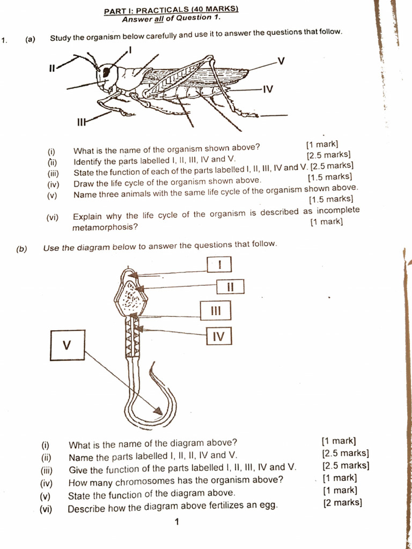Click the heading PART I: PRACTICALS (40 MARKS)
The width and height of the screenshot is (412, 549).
(x=164, y=10)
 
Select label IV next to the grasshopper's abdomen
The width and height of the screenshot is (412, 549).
(x=268, y=90)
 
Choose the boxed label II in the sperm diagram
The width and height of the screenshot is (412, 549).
(x=230, y=287)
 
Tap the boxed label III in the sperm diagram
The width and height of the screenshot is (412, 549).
(x=216, y=310)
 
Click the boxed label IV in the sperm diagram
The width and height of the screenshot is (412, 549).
(x=218, y=336)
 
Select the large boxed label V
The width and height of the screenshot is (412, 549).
(x=67, y=345)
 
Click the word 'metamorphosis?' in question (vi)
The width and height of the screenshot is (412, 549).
(x=105, y=227)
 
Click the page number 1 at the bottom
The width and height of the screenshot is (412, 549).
(x=176, y=521)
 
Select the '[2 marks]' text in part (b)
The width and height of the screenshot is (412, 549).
(x=343, y=503)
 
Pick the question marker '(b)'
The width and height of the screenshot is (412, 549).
(x=21, y=248)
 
